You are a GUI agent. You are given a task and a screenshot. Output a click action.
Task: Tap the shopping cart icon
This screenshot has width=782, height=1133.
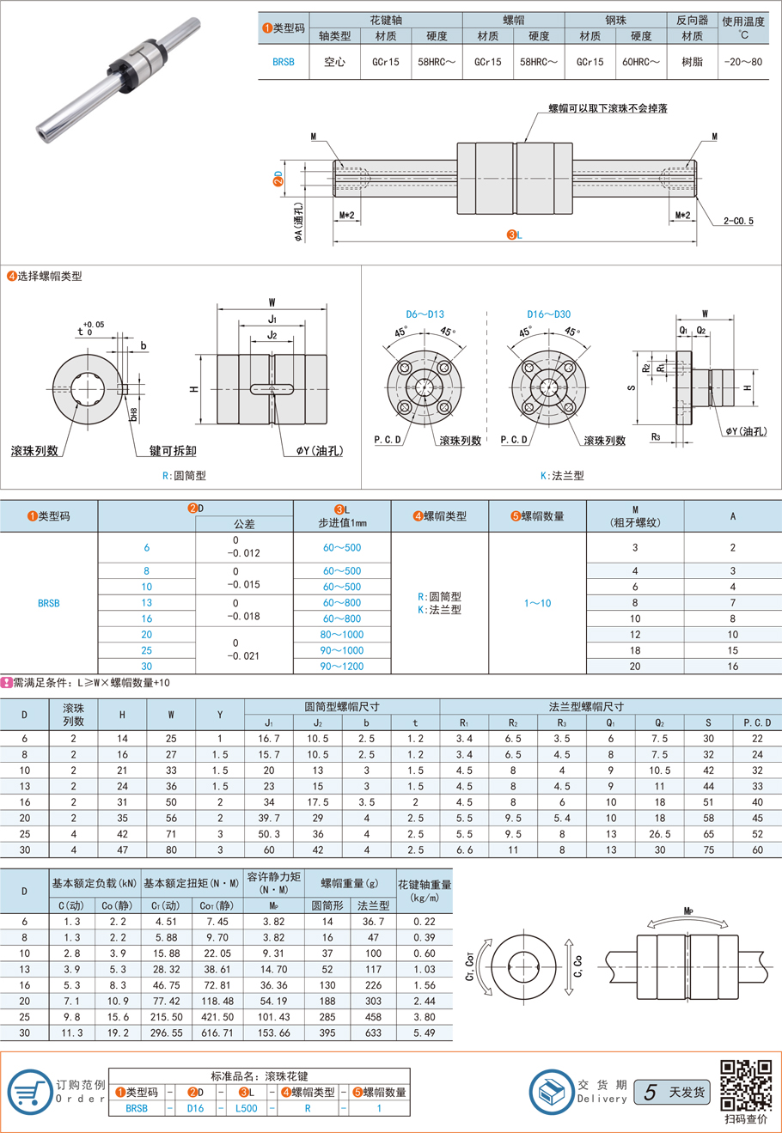pos(30,1093)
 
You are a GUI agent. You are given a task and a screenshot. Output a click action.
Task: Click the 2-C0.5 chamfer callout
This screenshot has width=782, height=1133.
pos(738,221)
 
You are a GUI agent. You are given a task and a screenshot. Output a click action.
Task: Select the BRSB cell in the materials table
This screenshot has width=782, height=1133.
pos(283,62)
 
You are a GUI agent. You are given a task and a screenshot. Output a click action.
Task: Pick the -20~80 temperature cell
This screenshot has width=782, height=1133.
pos(743,62)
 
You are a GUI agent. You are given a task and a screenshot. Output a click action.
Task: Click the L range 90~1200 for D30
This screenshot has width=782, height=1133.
pos(342,667)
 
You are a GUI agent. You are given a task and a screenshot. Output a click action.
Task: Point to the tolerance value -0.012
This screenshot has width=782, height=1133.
pos(243,553)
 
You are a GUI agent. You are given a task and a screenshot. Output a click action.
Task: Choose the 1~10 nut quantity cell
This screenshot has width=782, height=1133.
pos(538,603)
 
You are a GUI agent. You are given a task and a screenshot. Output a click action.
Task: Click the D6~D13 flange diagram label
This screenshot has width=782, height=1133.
pos(425,314)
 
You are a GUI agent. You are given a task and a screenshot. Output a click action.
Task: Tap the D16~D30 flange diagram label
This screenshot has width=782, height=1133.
pos(548,314)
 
